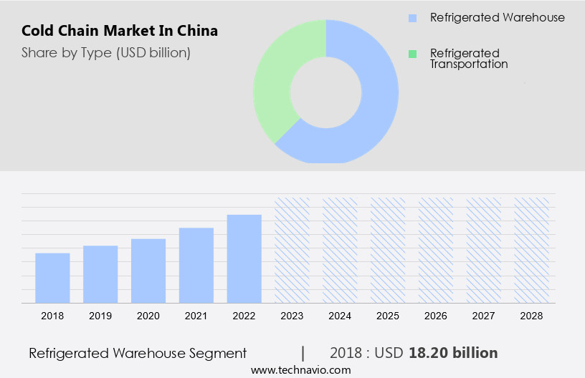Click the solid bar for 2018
coord(52,278)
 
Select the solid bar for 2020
coord(148,271)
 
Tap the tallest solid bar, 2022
coord(244,258)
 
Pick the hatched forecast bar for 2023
coord(292,250)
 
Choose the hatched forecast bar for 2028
coord(532,250)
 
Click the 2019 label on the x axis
coord(100,316)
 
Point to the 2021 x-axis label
coord(196,316)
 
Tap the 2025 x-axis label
coord(388,316)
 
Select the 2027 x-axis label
coord(484,316)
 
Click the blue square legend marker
coord(412,18)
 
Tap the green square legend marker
coord(412,54)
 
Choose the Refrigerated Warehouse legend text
coord(497,18)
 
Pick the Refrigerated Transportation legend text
coord(469,59)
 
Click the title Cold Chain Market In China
coord(120,31)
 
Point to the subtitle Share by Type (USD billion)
coord(106,52)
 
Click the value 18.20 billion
coord(453,353)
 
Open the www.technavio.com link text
coord(301,370)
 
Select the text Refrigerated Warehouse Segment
coord(138,353)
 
